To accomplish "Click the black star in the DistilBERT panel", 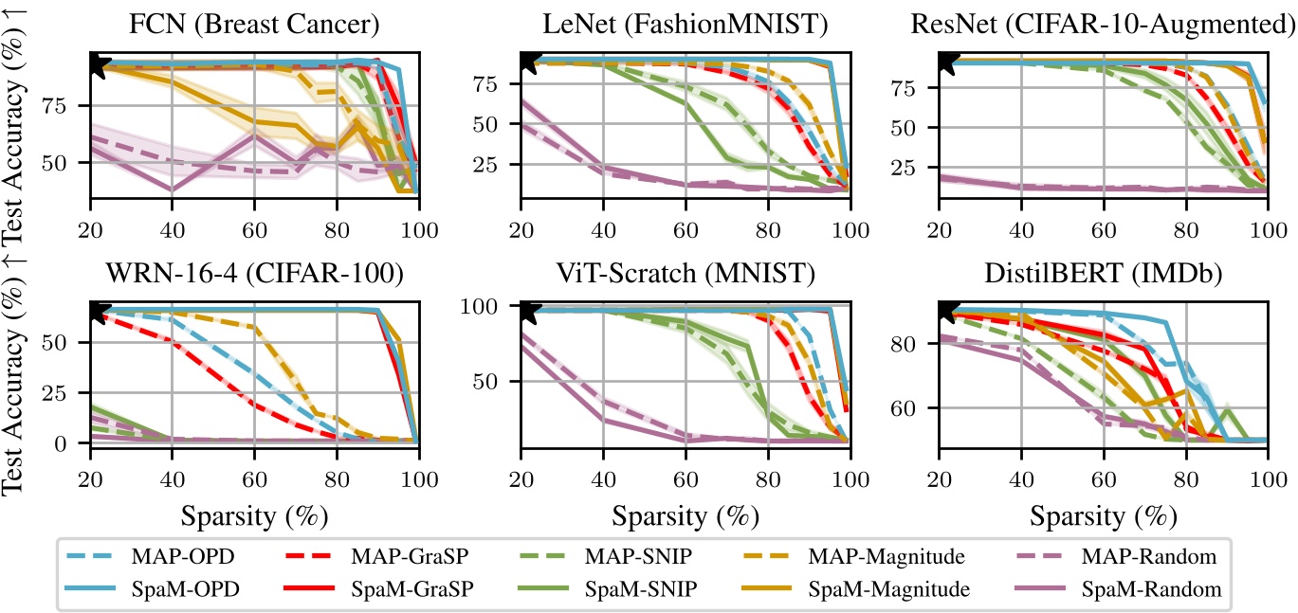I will point(944,311).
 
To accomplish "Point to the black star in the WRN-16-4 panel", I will point(95,311).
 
